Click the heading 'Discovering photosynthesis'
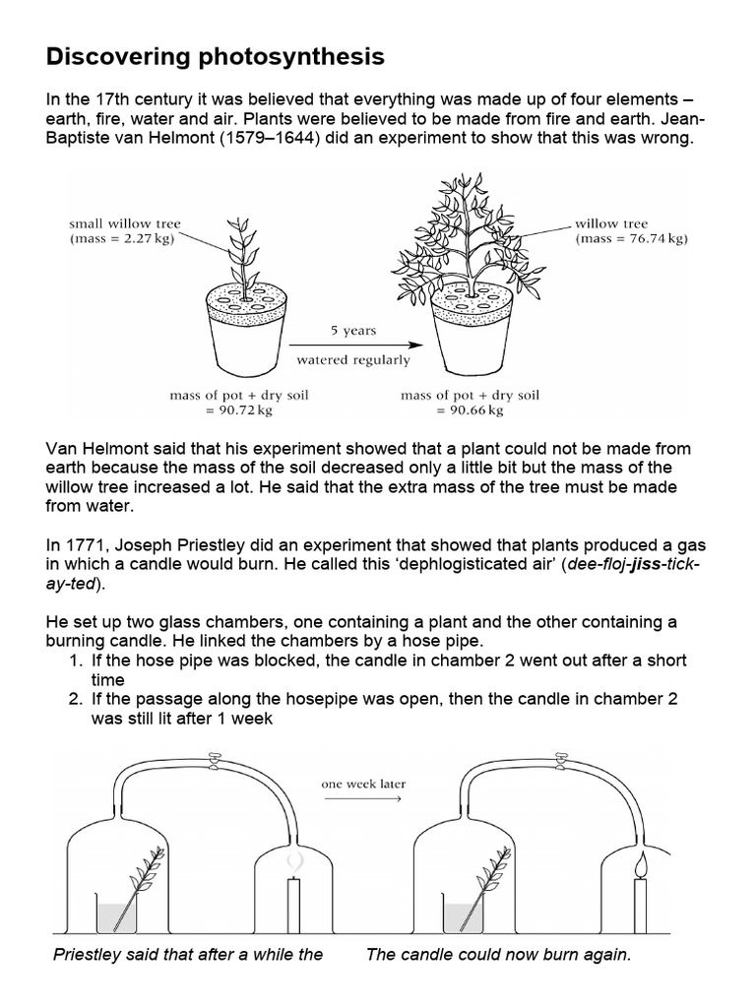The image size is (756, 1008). coord(216,58)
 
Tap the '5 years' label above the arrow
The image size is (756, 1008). coord(352,331)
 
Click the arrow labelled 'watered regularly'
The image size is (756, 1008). coord(352,346)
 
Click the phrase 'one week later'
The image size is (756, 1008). coord(362,785)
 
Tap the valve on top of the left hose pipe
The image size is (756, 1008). coord(211,758)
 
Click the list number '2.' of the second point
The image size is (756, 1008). coord(75,698)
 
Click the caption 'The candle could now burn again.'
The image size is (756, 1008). coord(497,954)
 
